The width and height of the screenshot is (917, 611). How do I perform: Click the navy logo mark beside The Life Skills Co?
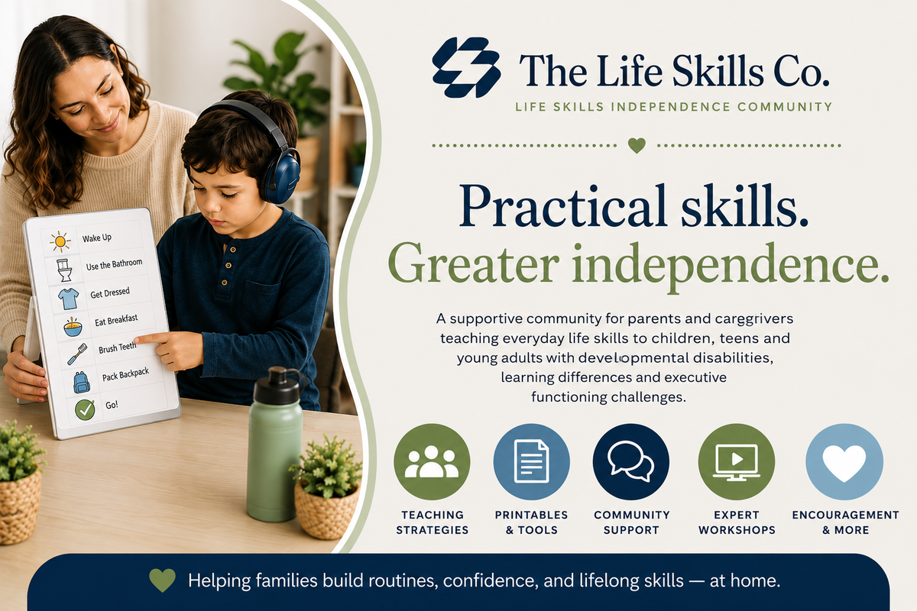pyautogui.click(x=466, y=67)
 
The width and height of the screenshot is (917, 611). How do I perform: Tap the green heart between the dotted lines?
pyautogui.click(x=637, y=145)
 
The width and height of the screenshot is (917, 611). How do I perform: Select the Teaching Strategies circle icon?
pyautogui.click(x=432, y=461)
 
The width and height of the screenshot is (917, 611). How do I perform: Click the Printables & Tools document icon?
pyautogui.click(x=531, y=461)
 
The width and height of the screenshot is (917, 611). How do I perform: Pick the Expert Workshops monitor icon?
pyautogui.click(x=737, y=461)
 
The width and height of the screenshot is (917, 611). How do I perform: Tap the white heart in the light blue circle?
pyautogui.click(x=844, y=463)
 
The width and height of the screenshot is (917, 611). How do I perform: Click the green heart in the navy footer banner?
pyautogui.click(x=162, y=580)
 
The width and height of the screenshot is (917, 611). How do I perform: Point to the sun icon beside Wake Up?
pyautogui.click(x=60, y=241)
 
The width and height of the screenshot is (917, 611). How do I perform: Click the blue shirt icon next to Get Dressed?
pyautogui.click(x=68, y=299)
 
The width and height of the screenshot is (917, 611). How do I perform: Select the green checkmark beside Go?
pyautogui.click(x=85, y=410)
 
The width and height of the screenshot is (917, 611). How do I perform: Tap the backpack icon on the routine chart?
pyautogui.click(x=81, y=382)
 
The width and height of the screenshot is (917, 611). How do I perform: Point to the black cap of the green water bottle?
pyautogui.click(x=277, y=386)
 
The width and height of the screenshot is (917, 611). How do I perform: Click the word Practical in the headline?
pyautogui.click(x=567, y=207)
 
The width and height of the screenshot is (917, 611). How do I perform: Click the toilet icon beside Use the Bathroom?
pyautogui.click(x=64, y=270)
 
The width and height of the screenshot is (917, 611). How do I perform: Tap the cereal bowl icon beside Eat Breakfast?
pyautogui.click(x=73, y=327)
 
